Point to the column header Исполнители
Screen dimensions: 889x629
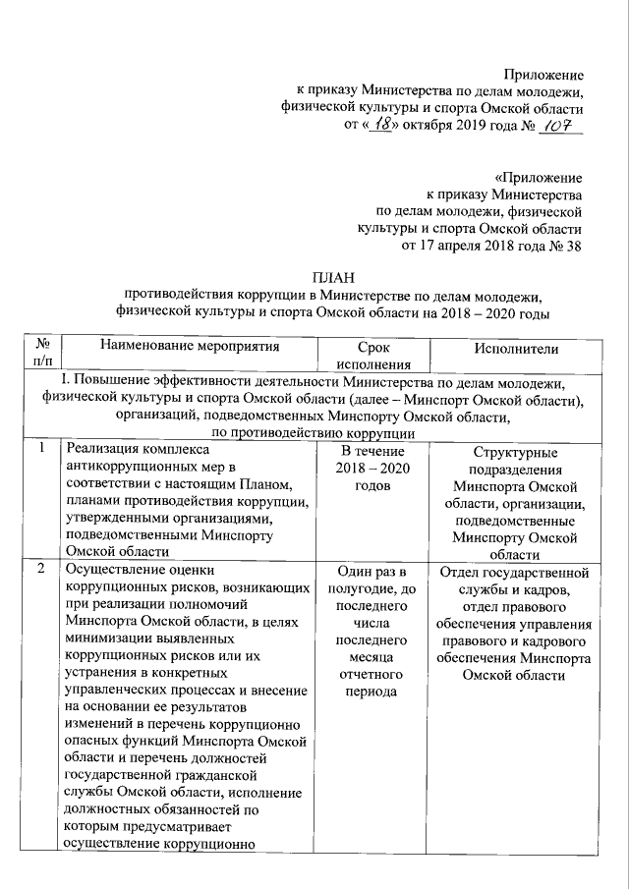pyautogui.click(x=516, y=348)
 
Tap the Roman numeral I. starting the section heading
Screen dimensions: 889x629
pyautogui.click(x=65, y=381)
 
